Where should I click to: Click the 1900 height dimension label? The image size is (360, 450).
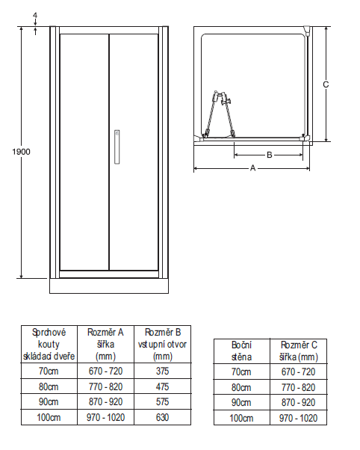tap(21, 152)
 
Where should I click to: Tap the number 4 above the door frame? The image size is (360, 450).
tap(35, 16)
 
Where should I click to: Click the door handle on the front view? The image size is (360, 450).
tap(117, 147)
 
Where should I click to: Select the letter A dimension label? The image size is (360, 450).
tap(252, 168)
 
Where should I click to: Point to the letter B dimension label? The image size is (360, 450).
tap(269, 155)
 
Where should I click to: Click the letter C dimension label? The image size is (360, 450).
tap(326, 84)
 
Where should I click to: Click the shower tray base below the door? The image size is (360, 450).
tap(109, 286)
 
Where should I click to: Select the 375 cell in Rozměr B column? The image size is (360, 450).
tap(162, 371)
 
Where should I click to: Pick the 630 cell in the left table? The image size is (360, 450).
tap(162, 417)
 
